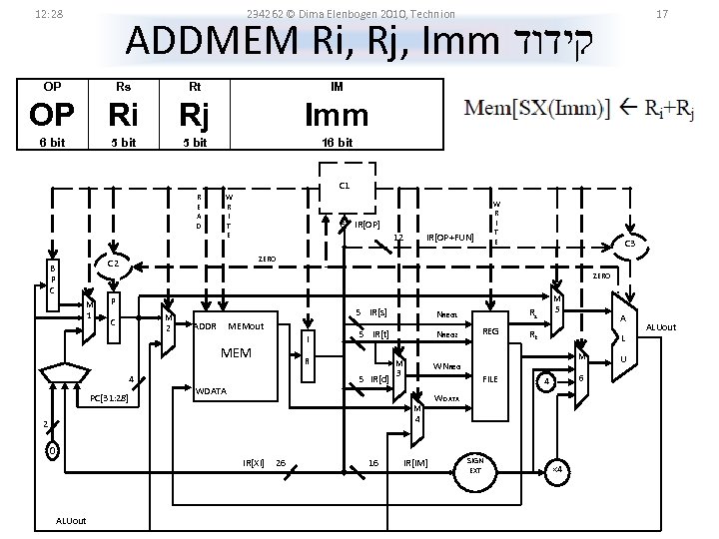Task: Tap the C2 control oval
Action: pos(113,264)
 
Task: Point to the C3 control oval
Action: pos(630,243)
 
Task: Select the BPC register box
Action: pos(53,279)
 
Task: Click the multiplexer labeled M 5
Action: pos(557,304)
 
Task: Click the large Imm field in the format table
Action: pos(337,116)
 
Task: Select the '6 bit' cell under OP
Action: pos(51,143)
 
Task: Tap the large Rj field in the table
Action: pos(194,116)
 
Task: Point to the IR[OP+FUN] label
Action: pos(449,238)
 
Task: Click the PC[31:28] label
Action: pos(108,398)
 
